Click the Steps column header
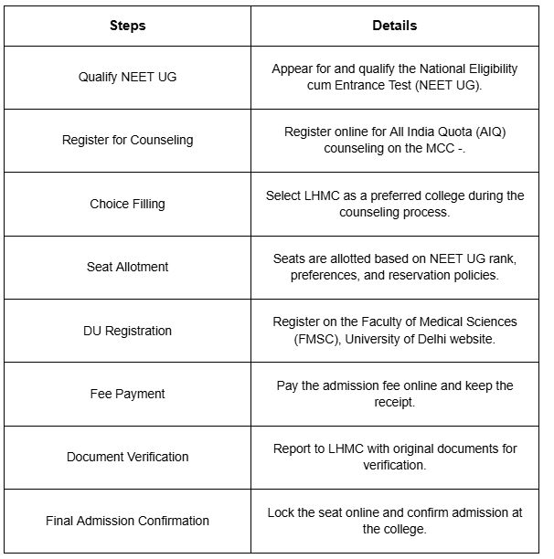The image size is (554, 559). (x=127, y=26)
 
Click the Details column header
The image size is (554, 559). (x=395, y=26)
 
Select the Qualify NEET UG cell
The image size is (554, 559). (x=127, y=77)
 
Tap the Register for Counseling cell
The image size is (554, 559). (x=127, y=140)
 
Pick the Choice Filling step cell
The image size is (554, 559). (x=127, y=204)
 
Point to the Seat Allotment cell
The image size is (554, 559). (x=127, y=267)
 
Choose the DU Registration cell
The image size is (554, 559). (x=127, y=331)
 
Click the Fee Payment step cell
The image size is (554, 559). (x=127, y=394)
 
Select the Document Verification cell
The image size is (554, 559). (x=127, y=457)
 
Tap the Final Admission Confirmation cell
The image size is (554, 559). (x=127, y=521)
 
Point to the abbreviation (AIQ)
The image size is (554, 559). (x=489, y=132)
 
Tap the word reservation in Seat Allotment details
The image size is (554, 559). (x=413, y=275)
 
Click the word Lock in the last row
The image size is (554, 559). (x=282, y=512)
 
